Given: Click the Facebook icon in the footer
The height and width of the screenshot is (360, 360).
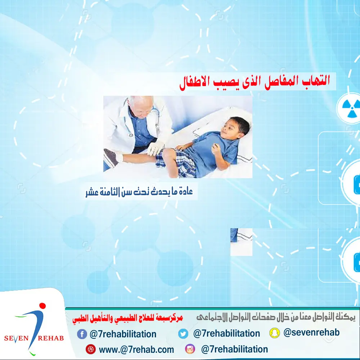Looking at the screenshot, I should click(82, 334).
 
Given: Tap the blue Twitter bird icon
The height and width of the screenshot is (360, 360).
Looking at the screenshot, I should click(183, 334).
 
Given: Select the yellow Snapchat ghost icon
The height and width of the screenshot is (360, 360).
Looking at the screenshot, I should click(275, 333).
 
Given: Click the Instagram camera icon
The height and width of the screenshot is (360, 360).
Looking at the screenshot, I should click(190, 349).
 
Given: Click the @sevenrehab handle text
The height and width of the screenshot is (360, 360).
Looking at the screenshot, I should click(311, 332).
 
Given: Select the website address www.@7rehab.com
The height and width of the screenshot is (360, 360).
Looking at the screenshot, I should click(136, 350).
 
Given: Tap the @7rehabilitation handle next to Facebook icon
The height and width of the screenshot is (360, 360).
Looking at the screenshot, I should click(123, 334).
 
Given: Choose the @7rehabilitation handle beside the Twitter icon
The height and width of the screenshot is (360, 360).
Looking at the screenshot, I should click(226, 333).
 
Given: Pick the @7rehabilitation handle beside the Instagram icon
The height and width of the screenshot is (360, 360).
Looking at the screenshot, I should click(234, 349).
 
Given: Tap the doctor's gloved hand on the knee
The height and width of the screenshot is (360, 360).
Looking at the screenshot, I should click(155, 148).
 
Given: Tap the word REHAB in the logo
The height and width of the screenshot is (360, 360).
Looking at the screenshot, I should click(51, 338).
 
